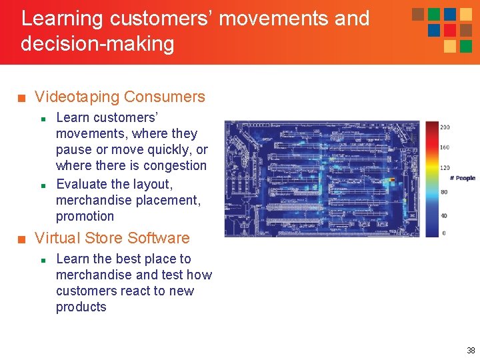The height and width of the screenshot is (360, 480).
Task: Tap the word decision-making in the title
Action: (97, 45)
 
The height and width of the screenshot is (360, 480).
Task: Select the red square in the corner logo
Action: (450, 30)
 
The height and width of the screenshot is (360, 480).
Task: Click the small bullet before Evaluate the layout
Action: (42, 184)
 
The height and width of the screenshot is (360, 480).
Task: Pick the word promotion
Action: (85, 217)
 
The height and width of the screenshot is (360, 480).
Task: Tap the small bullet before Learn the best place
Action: (42, 259)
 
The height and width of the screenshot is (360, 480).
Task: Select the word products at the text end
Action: (81, 307)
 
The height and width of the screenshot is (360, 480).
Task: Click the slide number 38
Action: (471, 351)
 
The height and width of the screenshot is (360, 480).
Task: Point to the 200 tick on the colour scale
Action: (445, 127)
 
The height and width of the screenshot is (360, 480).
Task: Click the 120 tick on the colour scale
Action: (445, 169)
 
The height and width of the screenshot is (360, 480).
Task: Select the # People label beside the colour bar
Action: (462, 178)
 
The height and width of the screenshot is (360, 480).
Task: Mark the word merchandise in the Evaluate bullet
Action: (94, 201)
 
